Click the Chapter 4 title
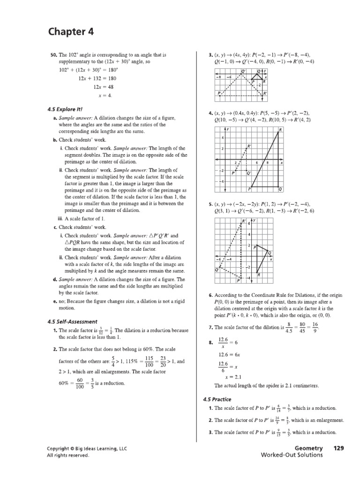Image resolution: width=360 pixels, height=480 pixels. (x=71, y=32)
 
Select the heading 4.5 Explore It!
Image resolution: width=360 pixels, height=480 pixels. (x=65, y=109)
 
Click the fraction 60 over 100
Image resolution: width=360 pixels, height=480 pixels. (x=80, y=383)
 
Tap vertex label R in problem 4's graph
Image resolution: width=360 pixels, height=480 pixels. (x=280, y=130)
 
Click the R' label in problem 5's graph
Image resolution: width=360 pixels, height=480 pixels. (x=244, y=220)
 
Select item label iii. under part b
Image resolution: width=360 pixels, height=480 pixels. (x=60, y=219)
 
